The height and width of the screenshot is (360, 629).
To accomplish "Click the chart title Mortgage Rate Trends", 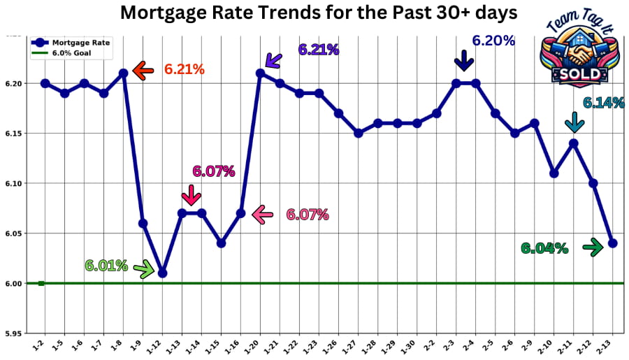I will (x=319, y=13).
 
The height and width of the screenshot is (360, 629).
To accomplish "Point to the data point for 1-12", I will (x=162, y=273).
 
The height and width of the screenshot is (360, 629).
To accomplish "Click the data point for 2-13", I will (x=613, y=243).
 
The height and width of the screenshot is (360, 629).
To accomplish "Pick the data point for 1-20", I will (x=260, y=73).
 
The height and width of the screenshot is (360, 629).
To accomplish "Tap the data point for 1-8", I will (x=123, y=73).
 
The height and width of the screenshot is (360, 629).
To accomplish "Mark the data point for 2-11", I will (x=574, y=143).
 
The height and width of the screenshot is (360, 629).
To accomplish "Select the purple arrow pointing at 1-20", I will (x=272, y=59).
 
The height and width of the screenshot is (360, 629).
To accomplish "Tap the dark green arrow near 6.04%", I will (x=593, y=247).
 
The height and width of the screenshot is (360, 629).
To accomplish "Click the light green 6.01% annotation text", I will (x=106, y=266).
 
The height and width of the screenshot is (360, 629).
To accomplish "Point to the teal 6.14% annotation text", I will (x=603, y=103).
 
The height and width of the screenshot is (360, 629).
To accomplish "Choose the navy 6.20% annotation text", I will (x=493, y=41).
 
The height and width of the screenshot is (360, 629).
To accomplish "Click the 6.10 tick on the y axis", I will (x=14, y=184).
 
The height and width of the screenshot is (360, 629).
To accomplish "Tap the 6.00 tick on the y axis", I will (x=14, y=284).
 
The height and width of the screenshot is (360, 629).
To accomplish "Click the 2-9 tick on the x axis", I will (x=535, y=343).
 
